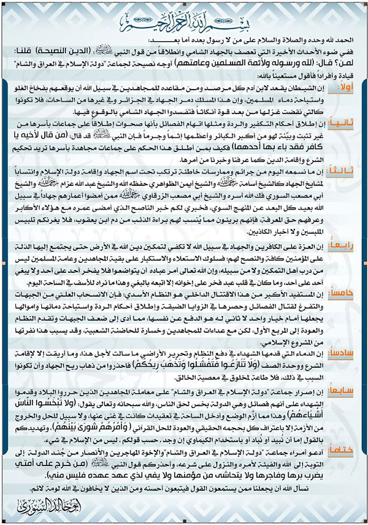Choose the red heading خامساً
click(x=344, y=293)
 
